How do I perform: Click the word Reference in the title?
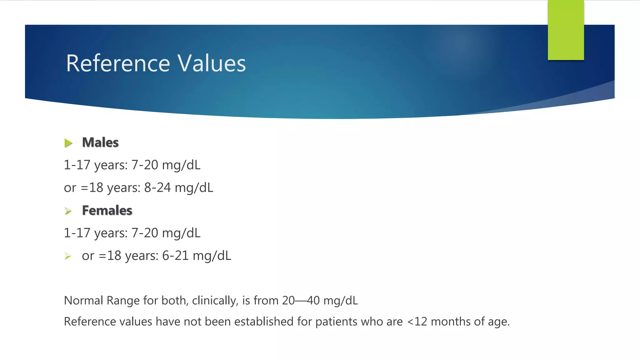pos(118,63)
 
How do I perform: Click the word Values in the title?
pos(212,63)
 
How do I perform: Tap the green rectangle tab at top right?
pos(566,30)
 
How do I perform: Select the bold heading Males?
pos(100,142)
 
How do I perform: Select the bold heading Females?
pos(107,211)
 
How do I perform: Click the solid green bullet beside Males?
pos(68,143)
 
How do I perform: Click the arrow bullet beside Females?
pos(68,211)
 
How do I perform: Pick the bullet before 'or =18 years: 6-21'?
pos(68,257)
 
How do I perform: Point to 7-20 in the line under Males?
pos(145,165)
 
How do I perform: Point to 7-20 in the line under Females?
pos(145,233)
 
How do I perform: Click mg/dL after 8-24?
pos(194,188)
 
